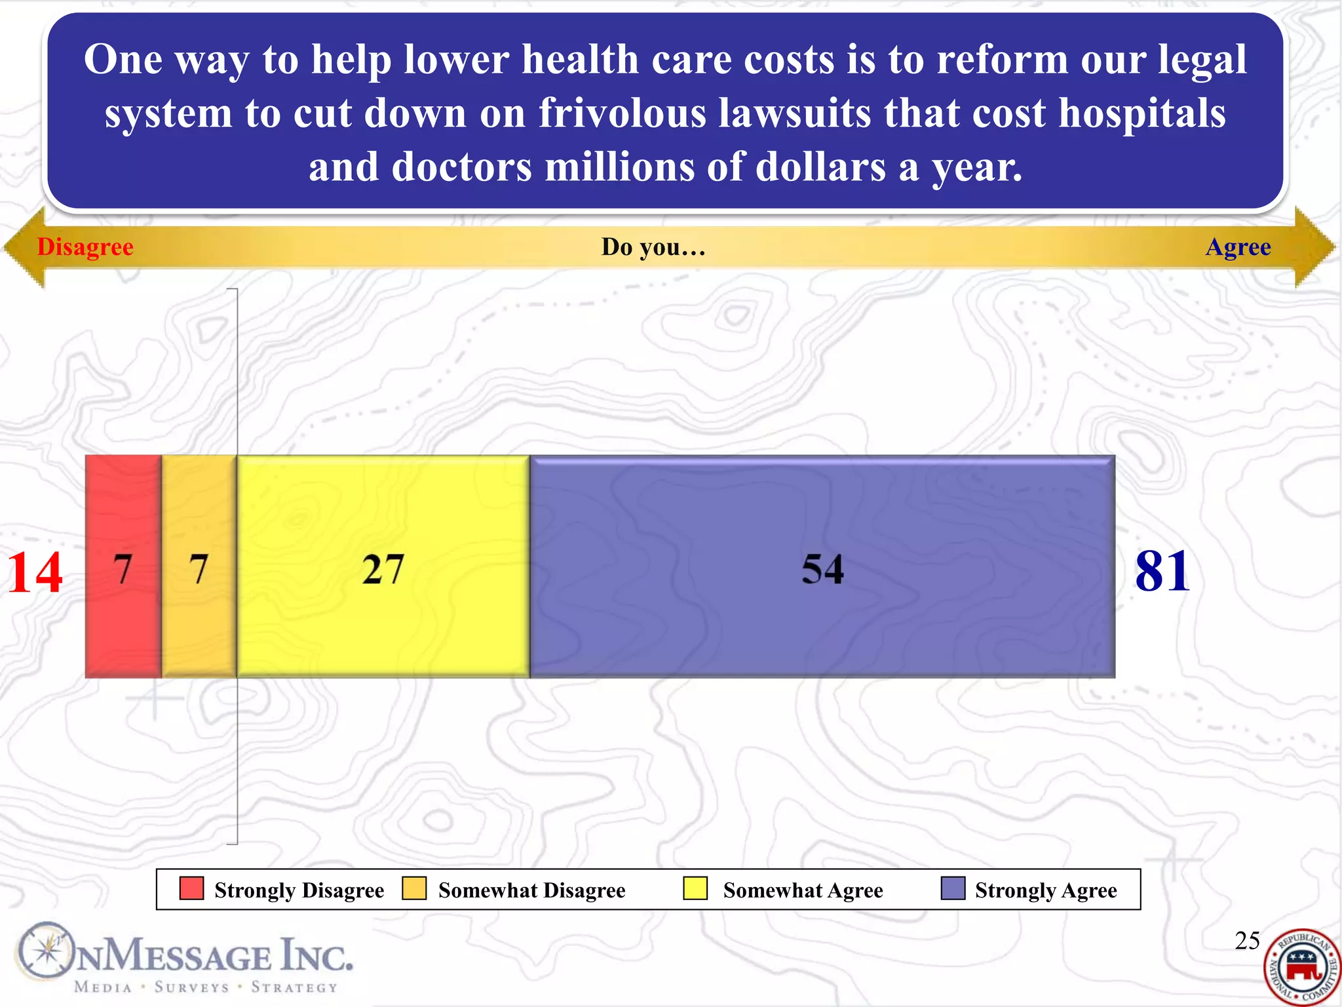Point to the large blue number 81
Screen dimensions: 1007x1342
coord(1162,572)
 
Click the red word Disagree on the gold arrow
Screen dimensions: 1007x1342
coord(85,247)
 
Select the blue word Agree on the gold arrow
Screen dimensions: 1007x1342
coord(1238,247)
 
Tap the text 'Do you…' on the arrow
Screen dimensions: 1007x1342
coord(653,247)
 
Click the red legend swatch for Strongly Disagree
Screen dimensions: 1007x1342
coord(191,888)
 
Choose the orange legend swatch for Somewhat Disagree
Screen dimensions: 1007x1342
coord(414,888)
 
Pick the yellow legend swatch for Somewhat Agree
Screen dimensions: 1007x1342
coord(695,888)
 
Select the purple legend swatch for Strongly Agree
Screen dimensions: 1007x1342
coord(953,888)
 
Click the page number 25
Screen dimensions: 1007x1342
coord(1247,941)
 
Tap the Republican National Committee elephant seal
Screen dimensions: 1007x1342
coord(1302,968)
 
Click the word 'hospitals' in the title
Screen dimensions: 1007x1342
coord(1142,113)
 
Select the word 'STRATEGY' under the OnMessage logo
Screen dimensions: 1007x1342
coord(294,987)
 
